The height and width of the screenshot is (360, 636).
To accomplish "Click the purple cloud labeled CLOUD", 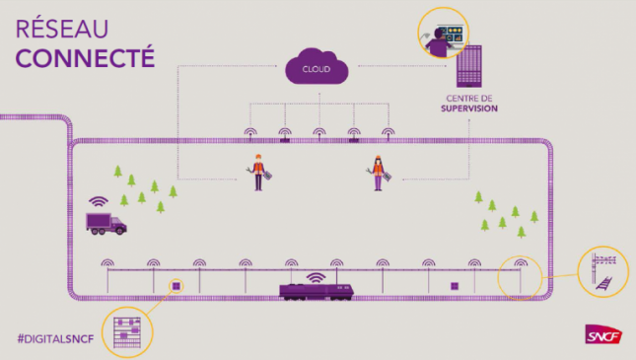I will pos(318,68).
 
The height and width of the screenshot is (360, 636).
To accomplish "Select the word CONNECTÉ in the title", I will pos(85,55).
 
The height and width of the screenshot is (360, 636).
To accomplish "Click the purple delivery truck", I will pos(106,222).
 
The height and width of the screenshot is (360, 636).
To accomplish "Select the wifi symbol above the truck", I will pos(99,200).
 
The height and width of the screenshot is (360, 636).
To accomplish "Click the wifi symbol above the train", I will pos(316,275).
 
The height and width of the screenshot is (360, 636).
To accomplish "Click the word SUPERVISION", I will pos(469,109).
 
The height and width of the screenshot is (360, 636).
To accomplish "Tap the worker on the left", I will pos(258,173).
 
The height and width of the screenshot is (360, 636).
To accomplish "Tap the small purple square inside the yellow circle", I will pos(177,285).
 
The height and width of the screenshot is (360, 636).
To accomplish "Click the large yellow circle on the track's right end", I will pos(520,277).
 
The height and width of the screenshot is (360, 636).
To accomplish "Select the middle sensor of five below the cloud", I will pos(318,132).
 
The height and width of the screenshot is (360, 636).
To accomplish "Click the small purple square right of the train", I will pos(455,287).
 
